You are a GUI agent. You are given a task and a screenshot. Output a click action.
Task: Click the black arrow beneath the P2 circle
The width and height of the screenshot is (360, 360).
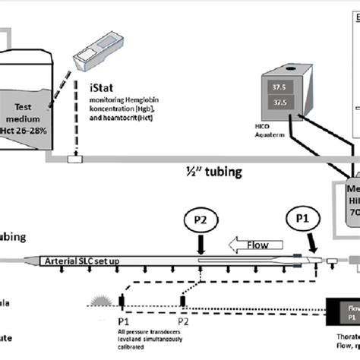(x=201, y=248)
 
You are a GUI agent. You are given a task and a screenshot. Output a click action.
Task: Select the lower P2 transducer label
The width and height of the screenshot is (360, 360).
(x=183, y=320)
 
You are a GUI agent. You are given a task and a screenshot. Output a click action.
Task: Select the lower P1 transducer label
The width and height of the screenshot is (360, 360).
(x=122, y=320)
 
